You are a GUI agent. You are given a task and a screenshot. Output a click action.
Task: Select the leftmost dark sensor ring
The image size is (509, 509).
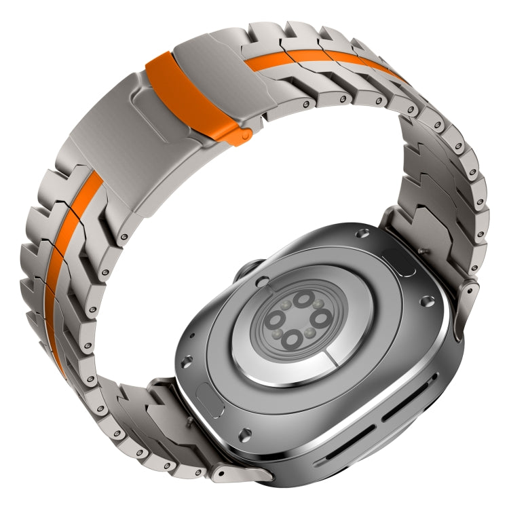pyautogui.click(x=275, y=320)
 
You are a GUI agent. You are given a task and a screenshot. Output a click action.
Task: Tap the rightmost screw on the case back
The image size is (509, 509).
pyautogui.click(x=426, y=299)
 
